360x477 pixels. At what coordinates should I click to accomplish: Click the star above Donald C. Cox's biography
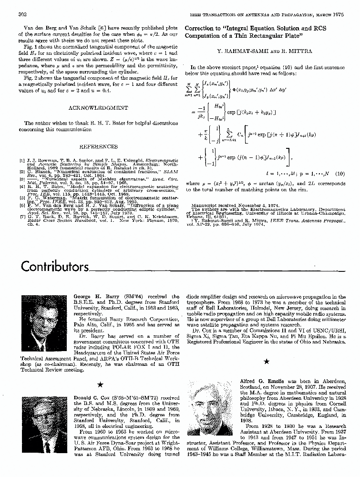pyautogui.click(x=100, y=384)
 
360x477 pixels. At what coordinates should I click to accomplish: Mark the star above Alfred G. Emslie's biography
pyautogui.click(x=266, y=362)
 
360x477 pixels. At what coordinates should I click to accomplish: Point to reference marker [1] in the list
pyautogui.click(x=22, y=161)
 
